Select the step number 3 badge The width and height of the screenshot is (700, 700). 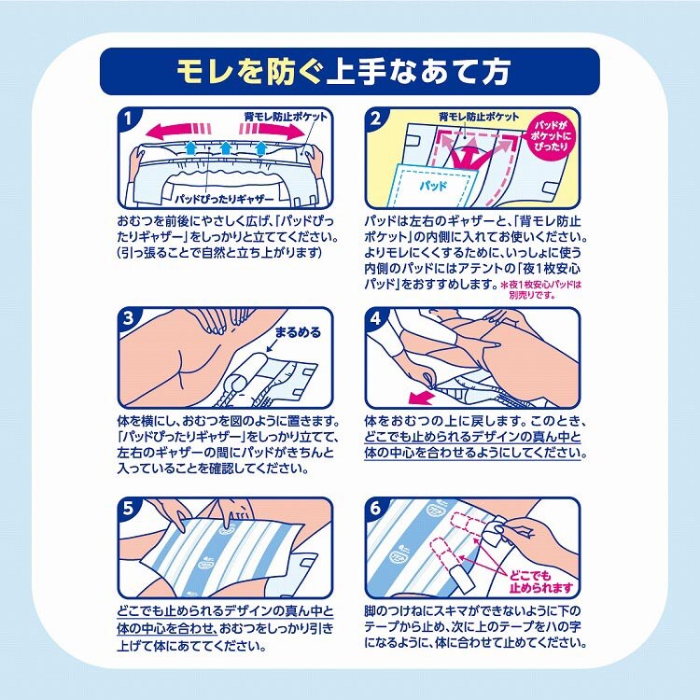tap(128, 318)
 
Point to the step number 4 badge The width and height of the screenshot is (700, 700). tap(375, 318)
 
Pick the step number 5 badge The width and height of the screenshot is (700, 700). tap(128, 508)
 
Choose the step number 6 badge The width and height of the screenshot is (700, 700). tap(375, 508)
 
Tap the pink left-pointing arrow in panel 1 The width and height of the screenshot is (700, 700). tap(178, 131)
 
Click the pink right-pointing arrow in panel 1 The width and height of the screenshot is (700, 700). tap(272, 131)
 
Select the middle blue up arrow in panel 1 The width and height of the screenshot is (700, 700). tap(226, 147)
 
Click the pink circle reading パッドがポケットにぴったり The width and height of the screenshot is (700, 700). tap(551, 135)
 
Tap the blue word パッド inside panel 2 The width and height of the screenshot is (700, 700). tap(433, 185)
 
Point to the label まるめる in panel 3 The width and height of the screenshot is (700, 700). tap(298, 332)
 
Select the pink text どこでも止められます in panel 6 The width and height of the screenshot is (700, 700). tap(540, 581)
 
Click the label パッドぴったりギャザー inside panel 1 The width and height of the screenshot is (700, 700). tap(224, 199)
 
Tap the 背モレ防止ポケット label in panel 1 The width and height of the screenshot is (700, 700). tap(286, 117)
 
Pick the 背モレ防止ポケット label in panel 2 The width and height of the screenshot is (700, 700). tap(479, 117)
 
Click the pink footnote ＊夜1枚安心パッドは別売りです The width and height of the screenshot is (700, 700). tap(540, 289)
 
